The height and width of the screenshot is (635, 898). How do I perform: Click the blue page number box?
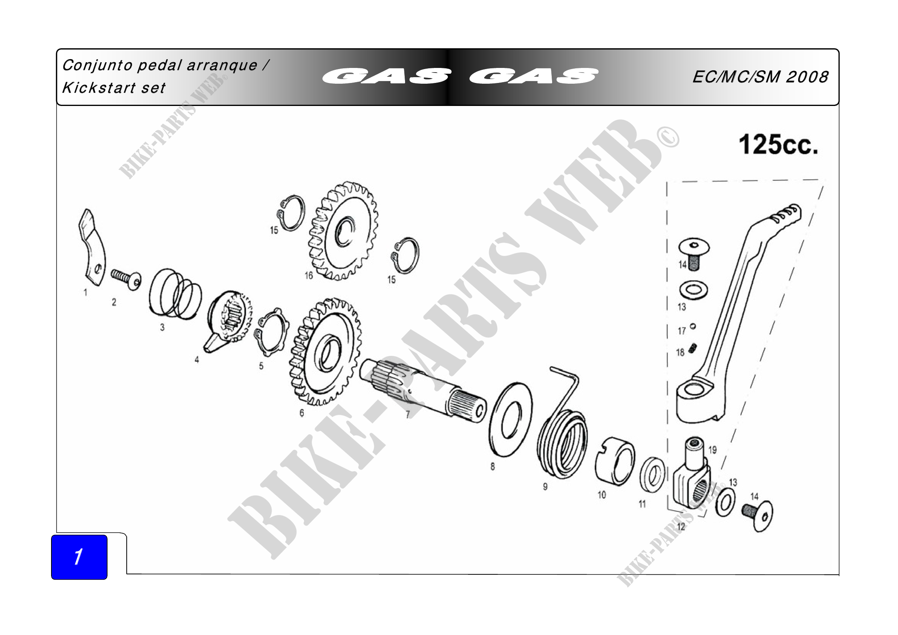click(79, 557)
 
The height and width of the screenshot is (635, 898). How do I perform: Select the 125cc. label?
click(778, 145)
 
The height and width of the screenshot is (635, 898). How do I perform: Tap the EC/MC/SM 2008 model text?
click(760, 77)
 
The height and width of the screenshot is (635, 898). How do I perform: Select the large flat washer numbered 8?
click(511, 420)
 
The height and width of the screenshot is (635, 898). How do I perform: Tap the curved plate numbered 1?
click(91, 247)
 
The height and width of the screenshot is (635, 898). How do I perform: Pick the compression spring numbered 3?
click(175, 293)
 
